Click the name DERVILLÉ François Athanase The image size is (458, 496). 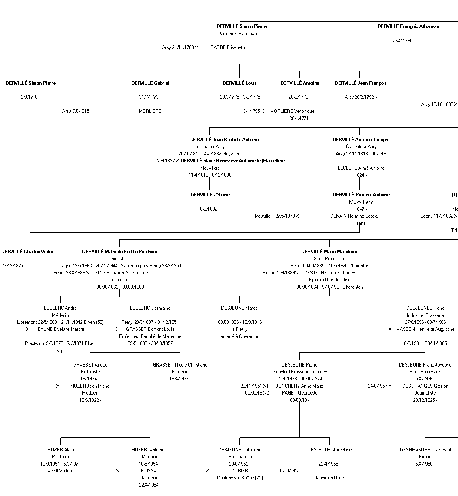pos(408,26)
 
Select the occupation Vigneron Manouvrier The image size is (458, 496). pos(240,34)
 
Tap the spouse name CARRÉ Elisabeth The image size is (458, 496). pos(228,47)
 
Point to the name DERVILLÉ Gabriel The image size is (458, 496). pos(150,83)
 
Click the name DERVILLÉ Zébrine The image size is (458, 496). pos(210,195)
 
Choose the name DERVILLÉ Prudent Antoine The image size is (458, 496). pos(361,195)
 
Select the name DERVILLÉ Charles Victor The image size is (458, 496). pos(27,252)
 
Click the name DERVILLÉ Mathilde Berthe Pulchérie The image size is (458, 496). pos(120,252)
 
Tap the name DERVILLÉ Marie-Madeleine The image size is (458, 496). pos(330,252)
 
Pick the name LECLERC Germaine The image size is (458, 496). pos(150,308)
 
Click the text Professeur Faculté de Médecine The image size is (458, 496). pos(150,336)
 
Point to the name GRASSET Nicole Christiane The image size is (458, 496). pos(180,365)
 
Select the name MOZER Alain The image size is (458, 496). pos(60,450)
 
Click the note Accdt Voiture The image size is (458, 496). pos(60,471)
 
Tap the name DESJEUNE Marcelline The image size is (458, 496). pos(330,450)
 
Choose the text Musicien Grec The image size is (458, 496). pos(330,478)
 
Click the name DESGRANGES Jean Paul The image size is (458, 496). pos(425,450)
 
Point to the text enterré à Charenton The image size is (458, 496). pos(240,336)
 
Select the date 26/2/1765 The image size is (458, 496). pos(403,41)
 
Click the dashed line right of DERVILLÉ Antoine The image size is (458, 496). pos(315,71)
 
